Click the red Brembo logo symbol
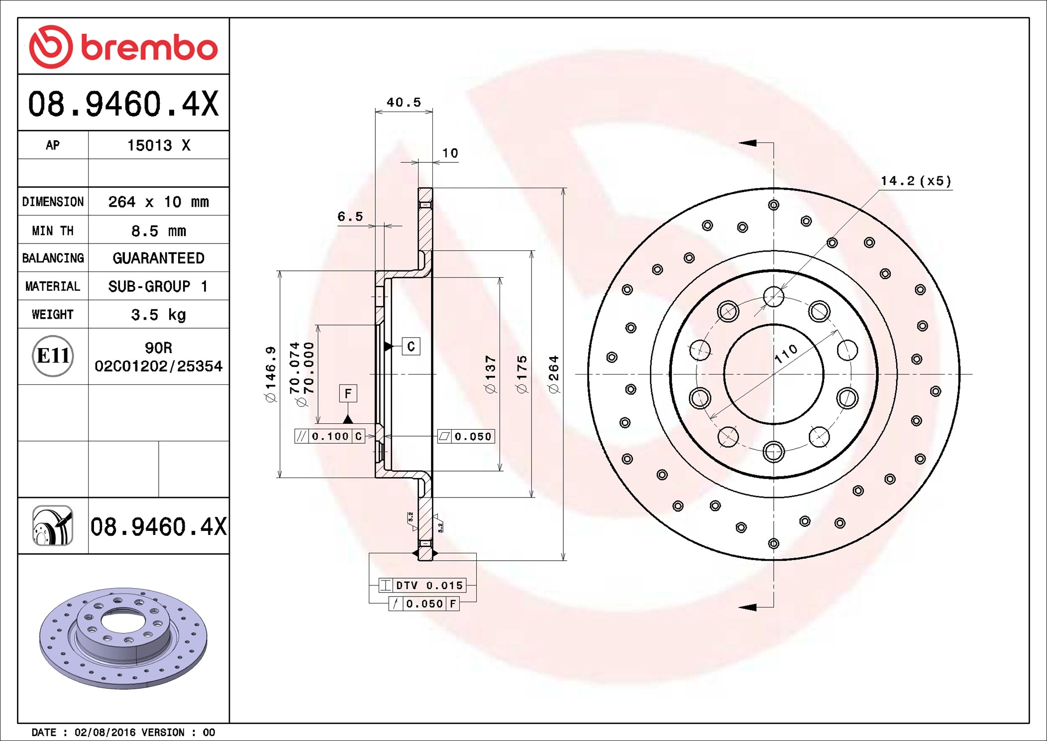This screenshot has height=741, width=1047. click(x=51, y=47)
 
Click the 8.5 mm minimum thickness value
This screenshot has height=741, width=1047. click(x=158, y=231)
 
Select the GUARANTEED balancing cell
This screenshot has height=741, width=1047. click(x=158, y=258)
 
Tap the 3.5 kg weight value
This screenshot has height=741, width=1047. click(x=158, y=315)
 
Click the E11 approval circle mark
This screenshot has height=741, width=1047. click(x=53, y=356)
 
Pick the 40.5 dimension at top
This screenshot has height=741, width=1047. click(x=404, y=103)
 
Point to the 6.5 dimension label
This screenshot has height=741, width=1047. click(x=350, y=217)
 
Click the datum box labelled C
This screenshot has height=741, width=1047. click(x=411, y=347)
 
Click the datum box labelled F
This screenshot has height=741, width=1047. click(x=348, y=393)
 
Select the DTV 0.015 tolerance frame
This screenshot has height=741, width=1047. click(x=422, y=585)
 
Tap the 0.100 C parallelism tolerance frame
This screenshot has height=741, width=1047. click(x=330, y=436)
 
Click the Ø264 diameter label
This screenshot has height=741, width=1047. click(x=554, y=374)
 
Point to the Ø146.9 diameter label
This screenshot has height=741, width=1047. click(x=270, y=374)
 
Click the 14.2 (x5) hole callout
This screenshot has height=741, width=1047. click(x=916, y=181)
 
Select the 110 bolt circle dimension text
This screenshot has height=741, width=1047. click(x=786, y=354)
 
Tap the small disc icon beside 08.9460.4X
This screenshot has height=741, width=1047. click(x=53, y=526)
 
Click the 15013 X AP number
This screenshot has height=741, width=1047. click(x=158, y=145)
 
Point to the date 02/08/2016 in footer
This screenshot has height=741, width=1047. click(x=105, y=732)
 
